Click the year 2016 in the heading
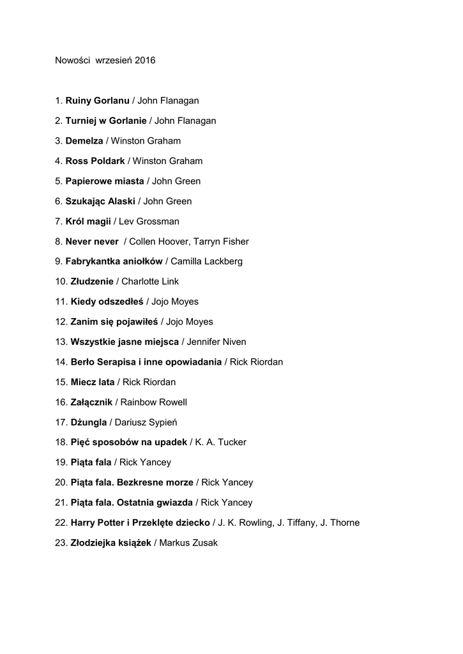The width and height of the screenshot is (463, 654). pos(145,61)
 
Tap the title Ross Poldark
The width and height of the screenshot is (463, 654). pos(95,161)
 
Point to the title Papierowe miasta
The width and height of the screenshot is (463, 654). pos(105,181)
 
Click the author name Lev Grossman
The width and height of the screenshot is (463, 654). pos(149,222)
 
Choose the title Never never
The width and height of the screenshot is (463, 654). pos(92,241)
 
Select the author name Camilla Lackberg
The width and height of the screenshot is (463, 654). pos(207,262)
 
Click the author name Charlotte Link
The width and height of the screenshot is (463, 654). pos(150,282)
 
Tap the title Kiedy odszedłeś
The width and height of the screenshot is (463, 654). pos(107,302)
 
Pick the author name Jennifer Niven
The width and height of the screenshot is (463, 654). pos(216,342)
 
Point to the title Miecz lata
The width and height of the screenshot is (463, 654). pos(93,383)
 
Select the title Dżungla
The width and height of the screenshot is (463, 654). pos(89,423)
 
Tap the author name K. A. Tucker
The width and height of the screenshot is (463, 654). pos(221,443)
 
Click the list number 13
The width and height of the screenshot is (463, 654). pos(60,342)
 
